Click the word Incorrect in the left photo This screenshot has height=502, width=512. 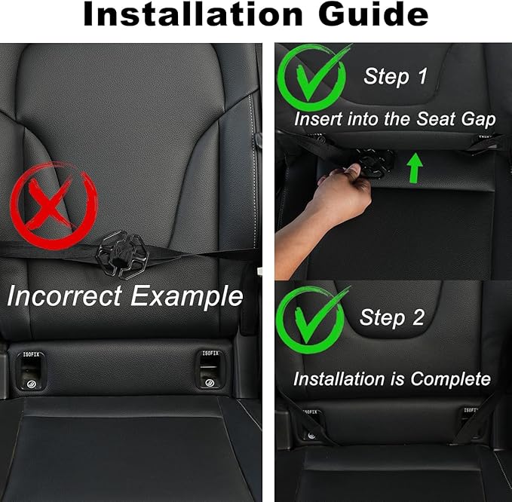(65, 295)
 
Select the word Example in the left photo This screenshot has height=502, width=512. (187, 295)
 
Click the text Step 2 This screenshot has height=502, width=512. (391, 317)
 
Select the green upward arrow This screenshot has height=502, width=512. (412, 167)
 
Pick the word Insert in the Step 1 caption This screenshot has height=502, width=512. (317, 118)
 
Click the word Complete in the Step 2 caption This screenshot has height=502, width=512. (452, 379)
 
